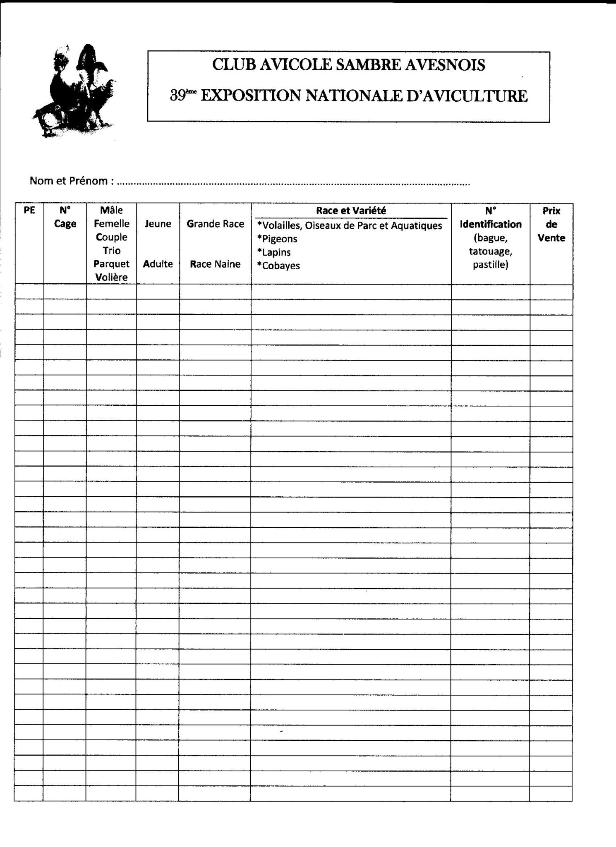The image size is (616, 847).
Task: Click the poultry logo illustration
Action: click(x=74, y=91)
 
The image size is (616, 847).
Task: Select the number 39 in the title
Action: click(x=177, y=96)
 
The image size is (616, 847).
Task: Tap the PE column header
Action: click(x=29, y=210)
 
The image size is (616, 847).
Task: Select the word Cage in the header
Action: click(x=65, y=224)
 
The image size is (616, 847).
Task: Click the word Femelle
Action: click(x=112, y=224)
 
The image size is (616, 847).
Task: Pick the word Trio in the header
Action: click(x=112, y=251)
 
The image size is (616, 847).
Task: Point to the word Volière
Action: click(x=112, y=277)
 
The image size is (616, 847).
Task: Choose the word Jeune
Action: click(x=158, y=224)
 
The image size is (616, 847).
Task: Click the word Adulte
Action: click(x=158, y=264)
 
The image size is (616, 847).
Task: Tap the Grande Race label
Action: click(x=215, y=224)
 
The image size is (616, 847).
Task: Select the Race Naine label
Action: click(x=215, y=264)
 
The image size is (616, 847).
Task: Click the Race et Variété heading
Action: click(x=351, y=211)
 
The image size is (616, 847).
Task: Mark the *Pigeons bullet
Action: click(x=277, y=239)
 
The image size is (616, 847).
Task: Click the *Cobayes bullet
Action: click(x=278, y=266)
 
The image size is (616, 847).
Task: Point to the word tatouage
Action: click(x=490, y=251)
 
